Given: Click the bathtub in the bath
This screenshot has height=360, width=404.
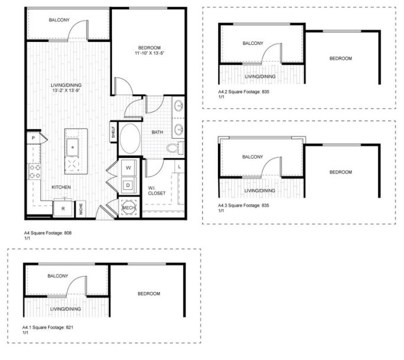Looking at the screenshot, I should pos(130,139).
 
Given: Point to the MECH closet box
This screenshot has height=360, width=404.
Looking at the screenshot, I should pos(129,208).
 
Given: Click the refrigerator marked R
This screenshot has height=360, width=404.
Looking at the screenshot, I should pos(62,208).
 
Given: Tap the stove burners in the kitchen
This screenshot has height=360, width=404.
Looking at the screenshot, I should pos(34,171).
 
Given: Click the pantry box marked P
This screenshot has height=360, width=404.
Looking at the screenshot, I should pos(33,138).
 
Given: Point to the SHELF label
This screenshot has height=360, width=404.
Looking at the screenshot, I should pos(113,131).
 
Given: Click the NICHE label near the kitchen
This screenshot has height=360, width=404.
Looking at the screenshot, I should pos(81,208).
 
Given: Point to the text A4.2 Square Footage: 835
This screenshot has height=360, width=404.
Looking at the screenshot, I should pos(245,92).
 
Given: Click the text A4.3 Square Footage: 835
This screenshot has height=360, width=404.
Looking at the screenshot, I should pos(245,205).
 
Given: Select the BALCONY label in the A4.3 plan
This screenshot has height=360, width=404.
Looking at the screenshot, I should pos(253,156).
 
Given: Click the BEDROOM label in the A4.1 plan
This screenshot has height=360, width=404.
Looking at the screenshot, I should pos(149,294).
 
